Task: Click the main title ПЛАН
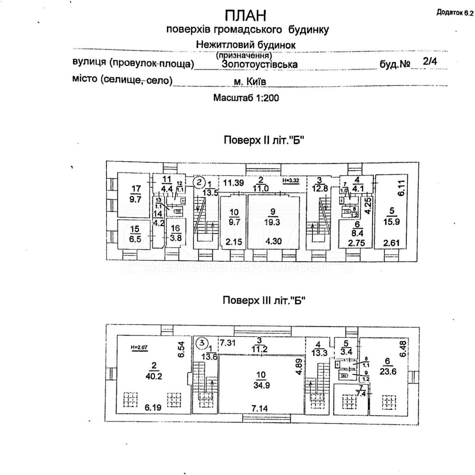(x=245, y=15)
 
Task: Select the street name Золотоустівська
(x=259, y=64)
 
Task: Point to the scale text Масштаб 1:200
(x=246, y=97)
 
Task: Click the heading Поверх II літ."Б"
(x=264, y=141)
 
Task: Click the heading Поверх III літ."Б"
(x=264, y=300)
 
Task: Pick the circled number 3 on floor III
(x=201, y=342)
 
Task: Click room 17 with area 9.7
(x=135, y=194)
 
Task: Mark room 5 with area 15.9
(x=391, y=217)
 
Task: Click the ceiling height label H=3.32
(x=291, y=180)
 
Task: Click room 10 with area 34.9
(x=261, y=380)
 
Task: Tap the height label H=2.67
(x=139, y=348)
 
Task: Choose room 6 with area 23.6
(x=388, y=367)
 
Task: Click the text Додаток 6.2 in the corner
(x=455, y=13)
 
